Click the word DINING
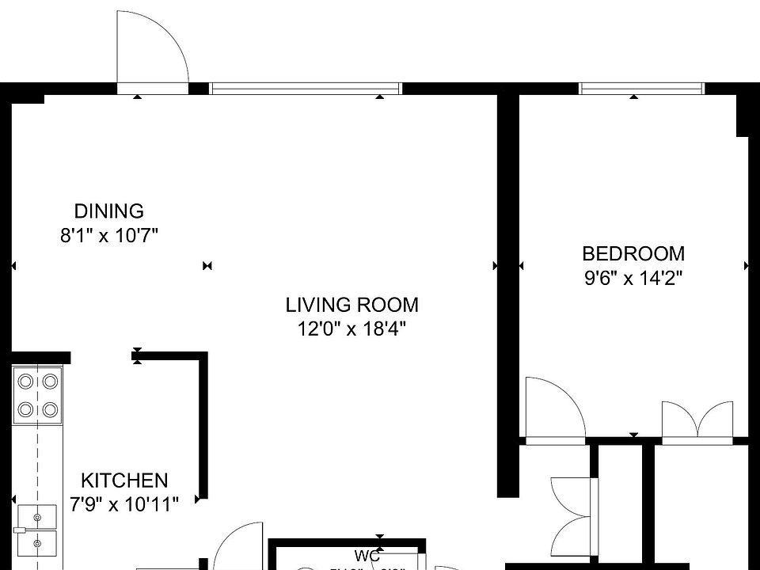[109, 211]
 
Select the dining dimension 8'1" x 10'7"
[109, 236]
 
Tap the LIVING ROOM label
[351, 305]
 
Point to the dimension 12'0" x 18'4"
[351, 329]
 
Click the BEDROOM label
[633, 254]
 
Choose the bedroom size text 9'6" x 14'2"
[633, 279]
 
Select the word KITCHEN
[124, 481]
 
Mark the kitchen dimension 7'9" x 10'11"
[124, 503]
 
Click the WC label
[367, 557]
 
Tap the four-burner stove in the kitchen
[38, 396]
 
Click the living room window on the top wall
[306, 89]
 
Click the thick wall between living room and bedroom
[507, 293]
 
